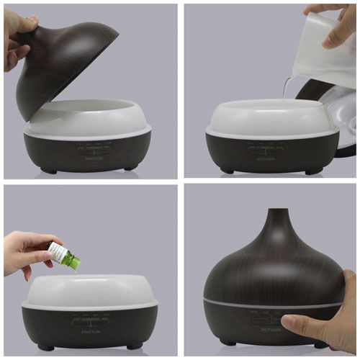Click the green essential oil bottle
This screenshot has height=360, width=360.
click(63, 255)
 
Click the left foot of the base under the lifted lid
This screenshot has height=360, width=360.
click(49, 170)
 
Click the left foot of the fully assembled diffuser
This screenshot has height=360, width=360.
click(229, 343)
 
